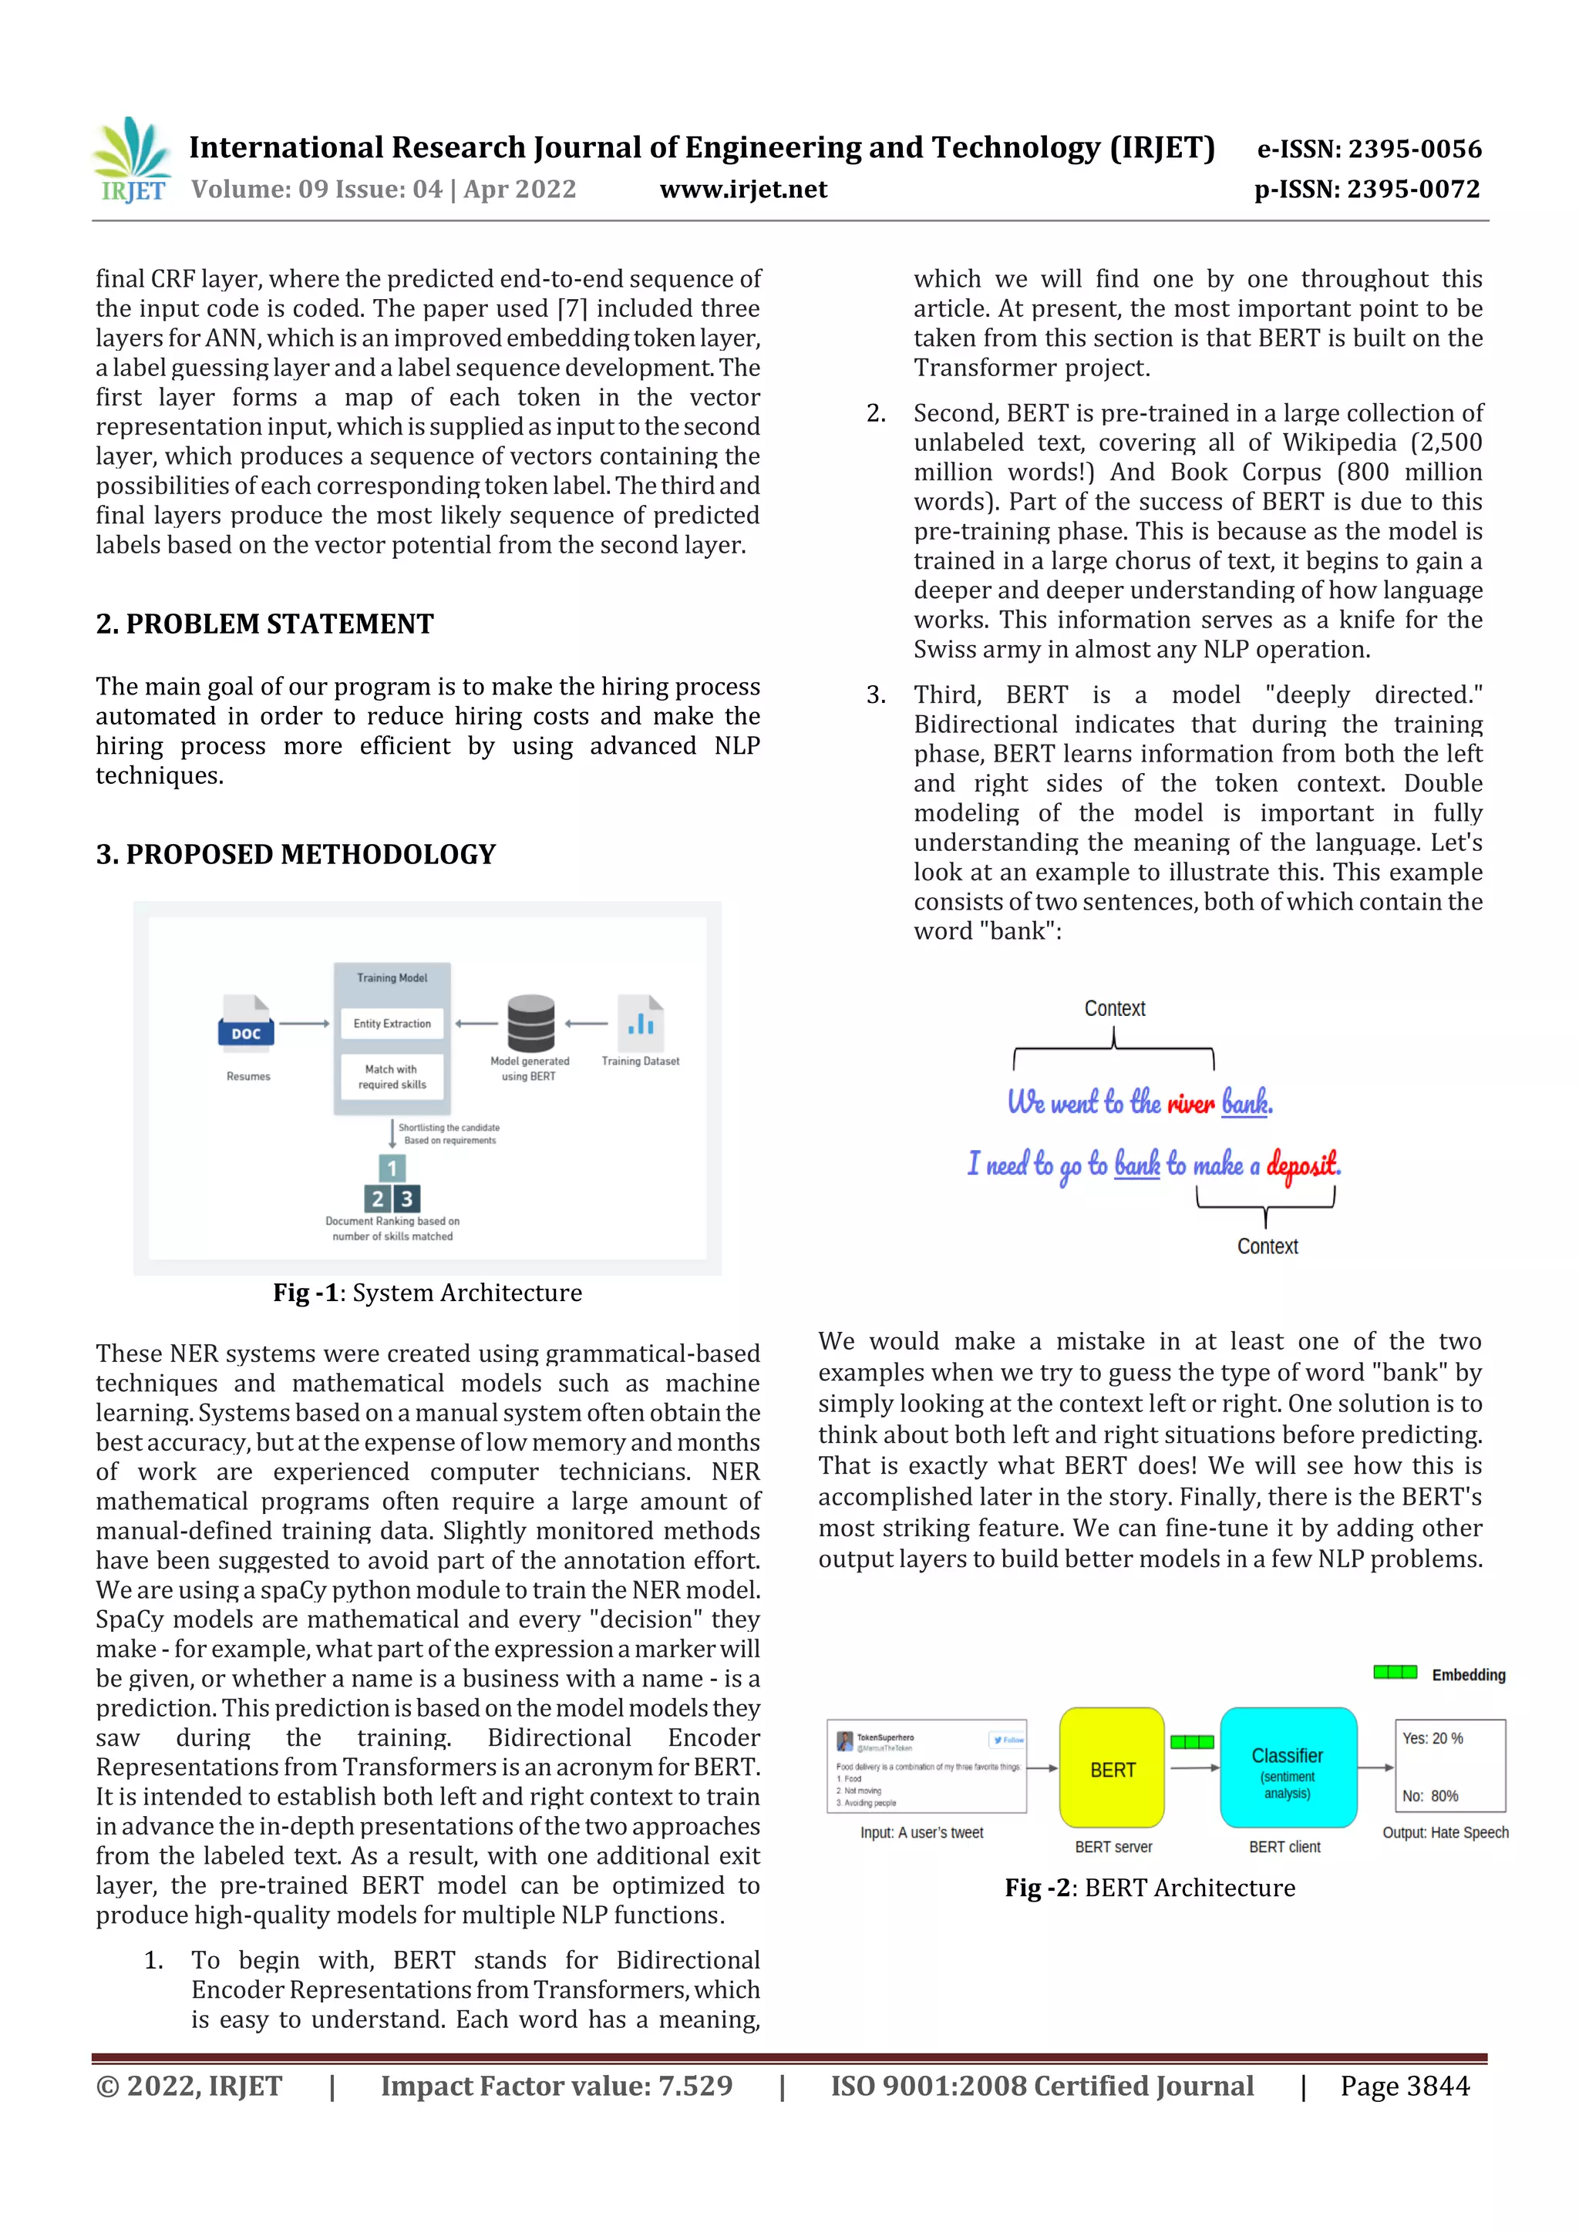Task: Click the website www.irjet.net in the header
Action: (743, 190)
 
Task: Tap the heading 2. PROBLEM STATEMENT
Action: (264, 624)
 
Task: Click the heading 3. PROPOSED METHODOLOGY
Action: (296, 854)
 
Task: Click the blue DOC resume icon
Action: (246, 1022)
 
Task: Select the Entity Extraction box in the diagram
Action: (392, 1023)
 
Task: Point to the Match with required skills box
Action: (392, 1077)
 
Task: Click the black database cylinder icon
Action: (530, 1022)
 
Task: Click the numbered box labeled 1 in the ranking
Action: (392, 1168)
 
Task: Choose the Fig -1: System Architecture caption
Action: (427, 1293)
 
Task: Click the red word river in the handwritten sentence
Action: (1191, 1103)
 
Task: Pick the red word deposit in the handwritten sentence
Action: (1303, 1163)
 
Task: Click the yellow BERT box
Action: (1112, 1769)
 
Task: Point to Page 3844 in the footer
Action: (1404, 2086)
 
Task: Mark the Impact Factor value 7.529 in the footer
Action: (557, 2086)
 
